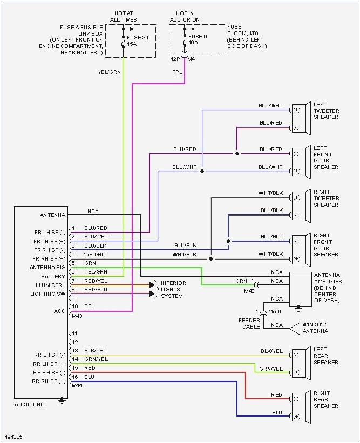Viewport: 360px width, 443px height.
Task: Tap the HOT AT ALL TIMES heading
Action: (124, 16)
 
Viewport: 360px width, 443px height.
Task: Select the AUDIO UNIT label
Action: (30, 404)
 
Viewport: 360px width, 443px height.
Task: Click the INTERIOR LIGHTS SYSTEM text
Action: (173, 289)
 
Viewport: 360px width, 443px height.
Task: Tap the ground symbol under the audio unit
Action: (62, 400)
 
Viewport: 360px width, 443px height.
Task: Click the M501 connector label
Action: (276, 311)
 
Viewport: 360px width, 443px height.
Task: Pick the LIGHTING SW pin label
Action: (48, 294)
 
